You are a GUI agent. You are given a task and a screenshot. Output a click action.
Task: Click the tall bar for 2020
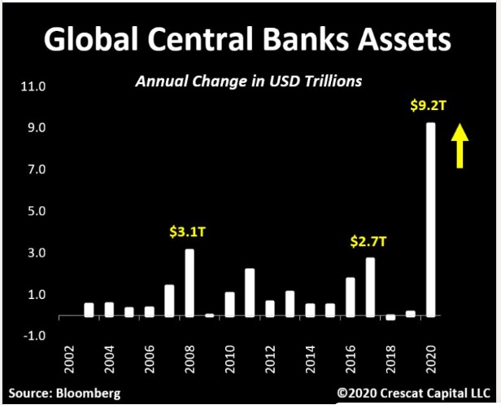click(x=431, y=218)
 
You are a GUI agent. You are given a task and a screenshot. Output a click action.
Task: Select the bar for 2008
click(x=190, y=282)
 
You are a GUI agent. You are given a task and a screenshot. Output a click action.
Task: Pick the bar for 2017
click(x=370, y=286)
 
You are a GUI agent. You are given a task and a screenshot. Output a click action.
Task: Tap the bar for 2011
click(x=250, y=292)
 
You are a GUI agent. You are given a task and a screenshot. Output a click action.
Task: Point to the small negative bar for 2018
click(x=390, y=317)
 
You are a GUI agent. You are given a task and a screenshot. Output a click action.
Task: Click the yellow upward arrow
click(x=460, y=145)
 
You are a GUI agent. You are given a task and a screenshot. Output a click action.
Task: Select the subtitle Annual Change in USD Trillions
click(x=248, y=81)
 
